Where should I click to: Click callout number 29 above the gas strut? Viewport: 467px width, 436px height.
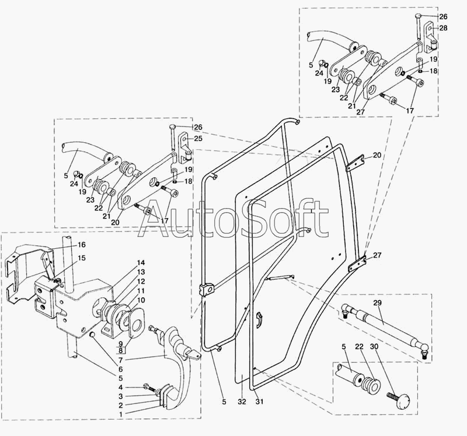378,303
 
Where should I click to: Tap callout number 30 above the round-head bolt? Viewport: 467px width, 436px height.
374,347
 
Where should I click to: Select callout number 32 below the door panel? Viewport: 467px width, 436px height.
242,402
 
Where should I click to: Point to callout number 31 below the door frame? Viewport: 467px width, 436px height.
259,402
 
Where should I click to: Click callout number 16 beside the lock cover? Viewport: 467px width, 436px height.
82,244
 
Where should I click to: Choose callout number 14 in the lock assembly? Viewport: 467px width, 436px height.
141,263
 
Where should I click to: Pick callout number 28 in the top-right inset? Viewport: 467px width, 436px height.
443,28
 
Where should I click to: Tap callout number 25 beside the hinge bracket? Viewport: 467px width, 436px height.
198,138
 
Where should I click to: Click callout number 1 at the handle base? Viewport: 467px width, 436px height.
121,413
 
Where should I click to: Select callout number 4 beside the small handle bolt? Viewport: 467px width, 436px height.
120,387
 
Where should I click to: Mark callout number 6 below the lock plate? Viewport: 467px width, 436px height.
120,369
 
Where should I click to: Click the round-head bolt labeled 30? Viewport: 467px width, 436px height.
398,400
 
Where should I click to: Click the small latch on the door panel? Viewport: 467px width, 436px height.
259,318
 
